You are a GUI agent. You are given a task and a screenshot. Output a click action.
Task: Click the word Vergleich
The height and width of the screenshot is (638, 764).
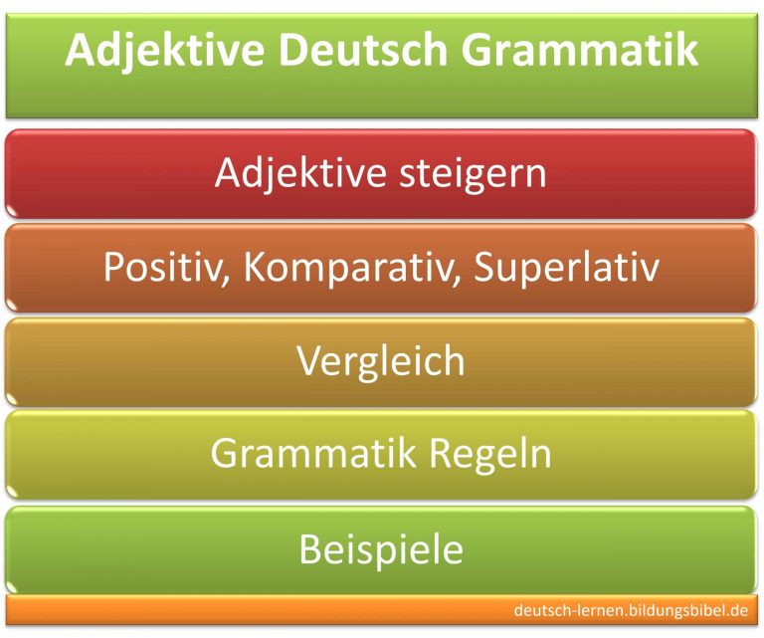381,361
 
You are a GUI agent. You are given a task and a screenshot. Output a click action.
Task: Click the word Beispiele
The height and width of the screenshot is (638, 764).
381,548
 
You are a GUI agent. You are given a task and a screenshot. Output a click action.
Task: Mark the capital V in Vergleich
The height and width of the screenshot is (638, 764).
308,360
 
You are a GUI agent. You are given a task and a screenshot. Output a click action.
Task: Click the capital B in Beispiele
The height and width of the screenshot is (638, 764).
310,548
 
